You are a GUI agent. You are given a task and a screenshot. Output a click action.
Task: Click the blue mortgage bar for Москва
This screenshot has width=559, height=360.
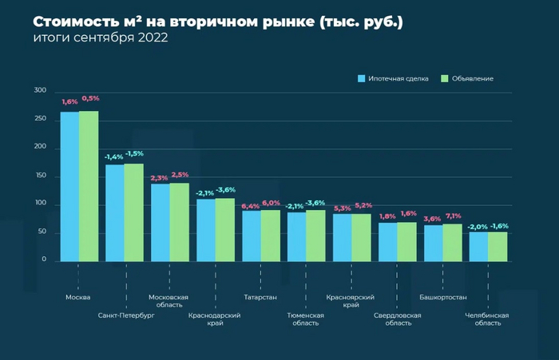[69, 186]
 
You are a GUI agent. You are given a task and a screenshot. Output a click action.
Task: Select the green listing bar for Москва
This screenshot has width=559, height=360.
[88, 185]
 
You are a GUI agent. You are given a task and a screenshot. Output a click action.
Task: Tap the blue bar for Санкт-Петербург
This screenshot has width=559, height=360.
[115, 212]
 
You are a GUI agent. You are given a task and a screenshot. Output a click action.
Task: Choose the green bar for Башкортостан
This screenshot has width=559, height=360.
[452, 242]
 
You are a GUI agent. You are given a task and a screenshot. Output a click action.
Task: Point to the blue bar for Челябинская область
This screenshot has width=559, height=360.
[478, 246]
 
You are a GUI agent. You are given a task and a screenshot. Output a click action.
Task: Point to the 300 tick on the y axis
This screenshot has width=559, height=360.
[40, 91]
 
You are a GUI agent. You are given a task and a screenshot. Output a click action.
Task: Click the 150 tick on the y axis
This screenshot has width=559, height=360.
[40, 176]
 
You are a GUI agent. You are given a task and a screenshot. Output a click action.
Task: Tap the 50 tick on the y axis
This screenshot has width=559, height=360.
[42, 232]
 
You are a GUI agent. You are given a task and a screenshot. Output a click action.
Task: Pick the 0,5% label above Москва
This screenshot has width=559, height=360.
[90, 98]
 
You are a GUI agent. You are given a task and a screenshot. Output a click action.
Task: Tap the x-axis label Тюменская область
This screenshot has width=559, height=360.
[305, 318]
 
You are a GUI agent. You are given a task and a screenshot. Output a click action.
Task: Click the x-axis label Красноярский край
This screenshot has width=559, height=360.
[351, 301]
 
